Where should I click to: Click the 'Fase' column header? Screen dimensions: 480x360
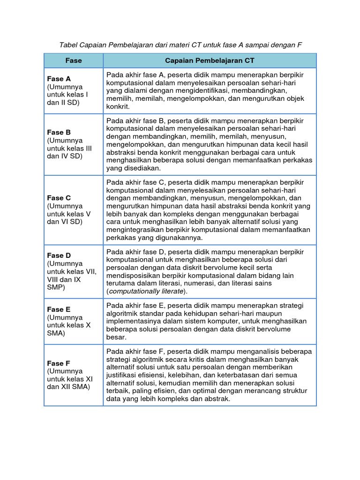pos(73,60)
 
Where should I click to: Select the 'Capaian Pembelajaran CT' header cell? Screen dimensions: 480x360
pos(210,60)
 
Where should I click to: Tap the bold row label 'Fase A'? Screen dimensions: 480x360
pos(59,79)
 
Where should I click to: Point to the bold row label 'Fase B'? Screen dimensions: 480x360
pos(59,132)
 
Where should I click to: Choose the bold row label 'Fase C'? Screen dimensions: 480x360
pos(59,198)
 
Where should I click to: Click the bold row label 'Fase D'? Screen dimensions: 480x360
pos(59,255)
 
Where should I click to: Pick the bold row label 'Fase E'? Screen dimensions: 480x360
pos(59,309)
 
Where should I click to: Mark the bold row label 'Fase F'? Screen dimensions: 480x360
pos(59,363)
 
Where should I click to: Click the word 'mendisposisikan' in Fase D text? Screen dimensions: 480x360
pos(133,276)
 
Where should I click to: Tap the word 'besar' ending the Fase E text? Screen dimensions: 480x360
pos(116,337)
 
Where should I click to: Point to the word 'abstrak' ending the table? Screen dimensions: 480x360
pos(217,399)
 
